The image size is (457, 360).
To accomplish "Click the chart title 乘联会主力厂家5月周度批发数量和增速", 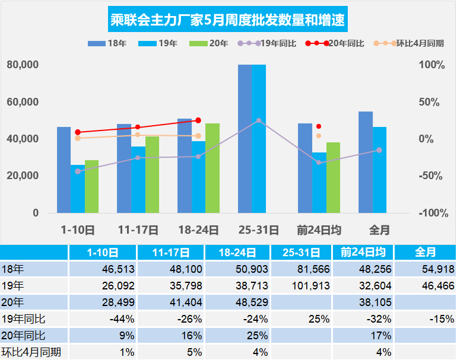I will coord(228,21).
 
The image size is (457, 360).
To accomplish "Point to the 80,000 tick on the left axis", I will coord(23,65).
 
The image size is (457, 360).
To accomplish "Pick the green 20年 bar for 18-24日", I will coord(212,168).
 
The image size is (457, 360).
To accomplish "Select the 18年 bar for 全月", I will coord(366,162).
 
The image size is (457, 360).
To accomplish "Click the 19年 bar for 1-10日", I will coord(78,189).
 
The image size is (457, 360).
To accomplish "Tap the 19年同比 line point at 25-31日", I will coord(259,120).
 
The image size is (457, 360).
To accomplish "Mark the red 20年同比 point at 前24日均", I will coord(319,126).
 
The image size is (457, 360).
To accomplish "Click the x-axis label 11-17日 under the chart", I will coord(138,230).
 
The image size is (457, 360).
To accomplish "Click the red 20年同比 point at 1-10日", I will coord(78,132).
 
